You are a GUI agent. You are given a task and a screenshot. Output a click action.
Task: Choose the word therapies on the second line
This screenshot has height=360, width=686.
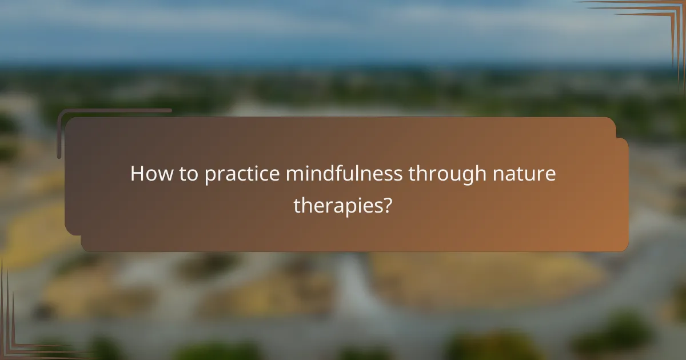click(x=337, y=205)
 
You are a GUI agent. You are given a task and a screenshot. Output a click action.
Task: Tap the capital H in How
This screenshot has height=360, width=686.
click(x=137, y=174)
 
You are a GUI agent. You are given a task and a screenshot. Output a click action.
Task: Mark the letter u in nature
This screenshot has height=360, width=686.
click(x=530, y=175)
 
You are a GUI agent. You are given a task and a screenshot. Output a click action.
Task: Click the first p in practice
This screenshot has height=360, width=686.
click(x=210, y=177)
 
